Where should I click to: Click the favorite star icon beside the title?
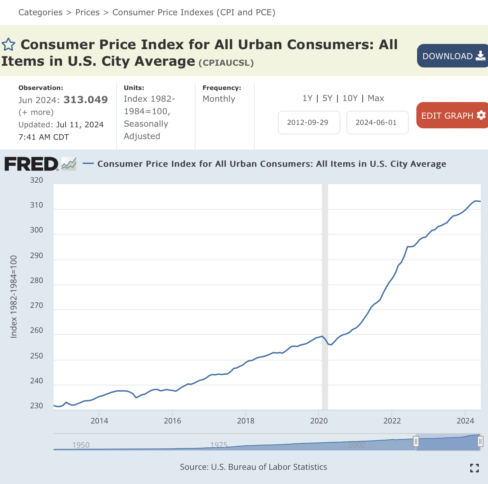click(x=8, y=45)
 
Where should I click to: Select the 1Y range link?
click(x=307, y=98)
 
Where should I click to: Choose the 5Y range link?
click(x=327, y=98)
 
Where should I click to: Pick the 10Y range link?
click(x=350, y=98)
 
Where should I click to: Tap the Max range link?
click(x=376, y=98)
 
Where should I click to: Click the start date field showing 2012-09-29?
click(x=309, y=122)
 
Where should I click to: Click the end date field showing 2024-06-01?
click(x=377, y=122)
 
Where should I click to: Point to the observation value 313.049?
click(x=85, y=100)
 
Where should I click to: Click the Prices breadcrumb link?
click(x=87, y=12)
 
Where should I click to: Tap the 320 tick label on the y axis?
click(x=36, y=180)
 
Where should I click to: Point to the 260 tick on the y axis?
click(x=36, y=330)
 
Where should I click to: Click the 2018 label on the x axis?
click(x=246, y=421)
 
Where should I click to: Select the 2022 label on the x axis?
click(x=392, y=421)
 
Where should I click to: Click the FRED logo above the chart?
click(x=31, y=164)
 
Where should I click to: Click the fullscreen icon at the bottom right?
click(x=474, y=468)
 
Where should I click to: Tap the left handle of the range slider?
click(x=416, y=442)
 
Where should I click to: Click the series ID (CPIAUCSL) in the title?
click(x=226, y=63)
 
